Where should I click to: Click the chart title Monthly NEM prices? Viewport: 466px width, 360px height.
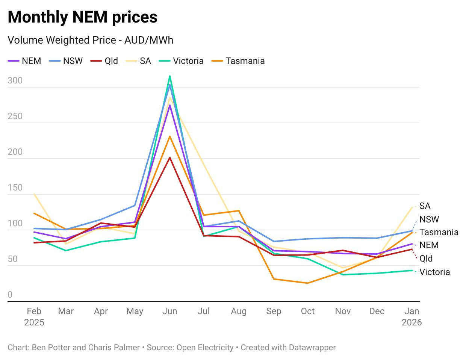[x=82, y=17]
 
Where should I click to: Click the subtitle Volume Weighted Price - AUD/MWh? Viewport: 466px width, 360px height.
[x=90, y=40]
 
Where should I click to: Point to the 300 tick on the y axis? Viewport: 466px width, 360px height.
[x=15, y=80]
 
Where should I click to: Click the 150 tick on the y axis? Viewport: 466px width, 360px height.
[x=15, y=188]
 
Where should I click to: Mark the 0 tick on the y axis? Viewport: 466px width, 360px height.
[x=10, y=295]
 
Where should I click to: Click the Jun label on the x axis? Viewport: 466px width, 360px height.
[x=169, y=311]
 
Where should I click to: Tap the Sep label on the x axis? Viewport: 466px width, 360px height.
[x=274, y=311]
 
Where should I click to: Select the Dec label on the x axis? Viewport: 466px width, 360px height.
[x=377, y=311]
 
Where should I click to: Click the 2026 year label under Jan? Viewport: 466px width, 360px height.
[x=412, y=322]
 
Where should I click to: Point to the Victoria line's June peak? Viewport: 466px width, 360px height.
[x=170, y=76]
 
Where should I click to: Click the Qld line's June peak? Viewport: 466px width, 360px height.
[x=170, y=158]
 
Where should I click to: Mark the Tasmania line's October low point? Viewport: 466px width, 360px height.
[x=308, y=283]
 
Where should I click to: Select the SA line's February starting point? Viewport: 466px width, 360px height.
[x=34, y=194]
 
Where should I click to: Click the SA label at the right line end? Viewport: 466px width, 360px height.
[x=425, y=206]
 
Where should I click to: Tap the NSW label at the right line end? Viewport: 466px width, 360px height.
[x=429, y=219]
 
